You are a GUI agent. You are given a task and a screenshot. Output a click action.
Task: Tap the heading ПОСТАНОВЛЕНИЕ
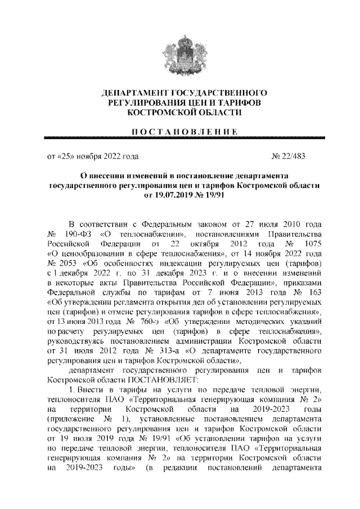pos(180,131)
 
